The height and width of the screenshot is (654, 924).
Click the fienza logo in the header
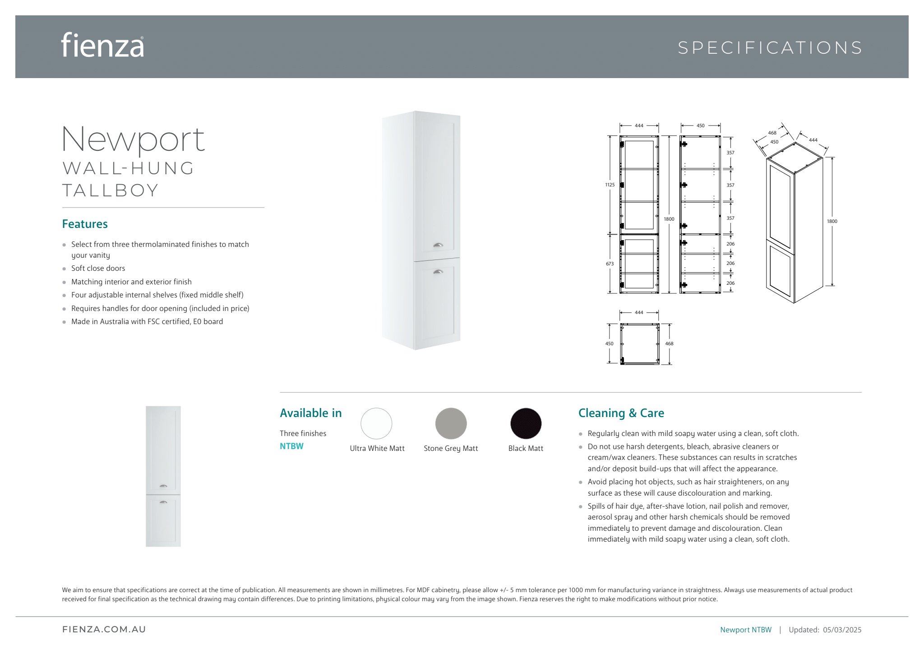tap(102, 45)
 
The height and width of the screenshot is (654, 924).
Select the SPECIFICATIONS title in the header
tap(770, 48)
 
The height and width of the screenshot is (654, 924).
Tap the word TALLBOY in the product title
tap(111, 190)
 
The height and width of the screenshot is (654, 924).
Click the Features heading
tap(85, 224)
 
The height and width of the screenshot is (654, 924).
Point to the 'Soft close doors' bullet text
tap(98, 268)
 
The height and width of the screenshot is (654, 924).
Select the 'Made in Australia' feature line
tap(147, 321)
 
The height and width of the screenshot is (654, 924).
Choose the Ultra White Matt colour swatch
tap(376, 423)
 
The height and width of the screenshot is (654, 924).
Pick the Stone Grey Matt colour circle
tap(451, 423)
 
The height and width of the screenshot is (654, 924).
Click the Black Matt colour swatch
tap(526, 423)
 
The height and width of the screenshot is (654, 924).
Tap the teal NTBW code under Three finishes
tap(291, 446)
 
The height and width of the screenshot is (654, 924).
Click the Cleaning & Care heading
tap(621, 413)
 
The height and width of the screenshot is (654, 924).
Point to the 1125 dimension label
tap(610, 185)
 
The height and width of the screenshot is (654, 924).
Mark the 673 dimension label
tap(610, 264)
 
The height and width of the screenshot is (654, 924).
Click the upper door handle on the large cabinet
tap(438, 245)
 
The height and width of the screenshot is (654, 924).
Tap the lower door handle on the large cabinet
tap(438, 271)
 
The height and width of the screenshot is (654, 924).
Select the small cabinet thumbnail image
tap(163, 476)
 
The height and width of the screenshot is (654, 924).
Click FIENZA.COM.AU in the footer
tap(104, 629)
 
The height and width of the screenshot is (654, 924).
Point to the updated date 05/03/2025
tap(842, 630)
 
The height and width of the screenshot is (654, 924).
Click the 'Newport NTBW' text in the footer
tap(745, 630)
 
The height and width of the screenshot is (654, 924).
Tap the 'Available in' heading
tap(310, 413)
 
